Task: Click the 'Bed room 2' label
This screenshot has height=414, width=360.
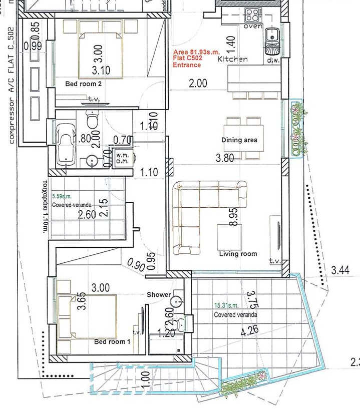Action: (x=84, y=84)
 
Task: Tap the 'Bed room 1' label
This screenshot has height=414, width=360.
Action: (x=112, y=342)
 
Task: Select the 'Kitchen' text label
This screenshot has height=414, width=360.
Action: (x=233, y=59)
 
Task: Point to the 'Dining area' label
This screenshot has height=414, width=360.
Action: (x=239, y=140)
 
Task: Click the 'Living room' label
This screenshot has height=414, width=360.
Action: (x=238, y=254)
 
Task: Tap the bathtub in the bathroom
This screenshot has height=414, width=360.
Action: (x=66, y=143)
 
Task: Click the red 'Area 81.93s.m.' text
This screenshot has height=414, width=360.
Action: (x=196, y=52)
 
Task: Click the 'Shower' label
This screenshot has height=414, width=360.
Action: (x=159, y=295)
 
